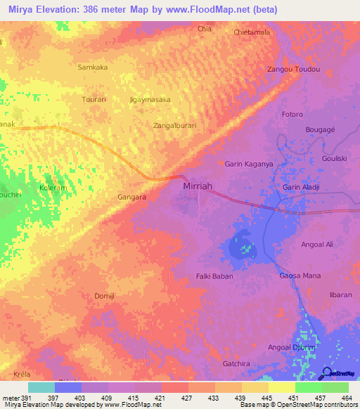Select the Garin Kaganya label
[x=248, y=164]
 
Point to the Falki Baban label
[x=214, y=276]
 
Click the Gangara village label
[x=131, y=197]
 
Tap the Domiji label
[x=105, y=296]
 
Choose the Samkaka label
[x=92, y=67]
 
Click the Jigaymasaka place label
[x=150, y=100]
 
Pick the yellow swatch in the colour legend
[x=281, y=387]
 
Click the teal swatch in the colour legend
[x=41, y=387]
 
